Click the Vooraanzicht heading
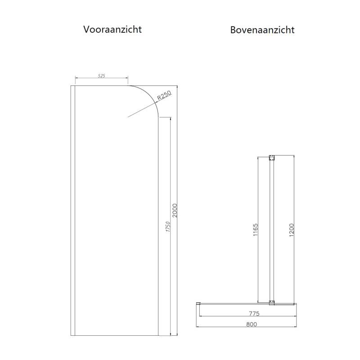[112, 29]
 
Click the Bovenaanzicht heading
[262, 30]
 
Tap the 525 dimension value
[101, 76]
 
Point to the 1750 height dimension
[167, 226]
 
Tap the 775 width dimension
[246, 313]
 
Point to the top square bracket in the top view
[271, 158]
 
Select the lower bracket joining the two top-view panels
[271, 303]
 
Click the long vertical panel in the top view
[271, 229]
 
